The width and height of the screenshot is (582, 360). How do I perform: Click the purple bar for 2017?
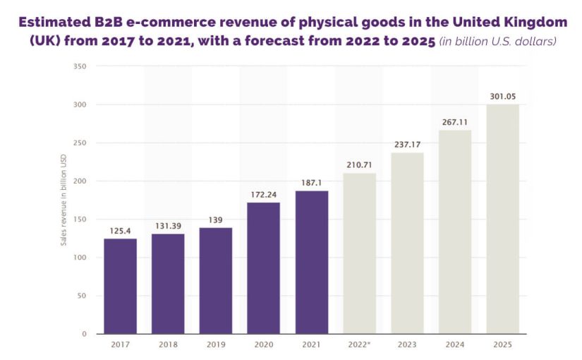coord(120,286)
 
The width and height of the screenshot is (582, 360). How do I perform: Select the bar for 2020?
coord(264,268)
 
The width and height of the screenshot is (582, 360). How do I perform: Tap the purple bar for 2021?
coord(312,263)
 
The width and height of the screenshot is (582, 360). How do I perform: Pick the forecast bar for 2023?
coord(407,244)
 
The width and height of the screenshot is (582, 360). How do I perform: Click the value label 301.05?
coord(503,97)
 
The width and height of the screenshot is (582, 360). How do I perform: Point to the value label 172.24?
coord(264,194)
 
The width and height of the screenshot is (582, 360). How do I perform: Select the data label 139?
coord(216,220)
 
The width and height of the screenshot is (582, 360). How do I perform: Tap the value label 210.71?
coord(360,165)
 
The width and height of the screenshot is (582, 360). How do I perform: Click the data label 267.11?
coord(455,122)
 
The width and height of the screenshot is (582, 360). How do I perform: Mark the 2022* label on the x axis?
coord(360,345)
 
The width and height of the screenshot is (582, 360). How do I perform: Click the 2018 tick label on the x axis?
coord(168,345)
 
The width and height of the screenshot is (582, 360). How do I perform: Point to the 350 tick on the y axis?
coord(80,66)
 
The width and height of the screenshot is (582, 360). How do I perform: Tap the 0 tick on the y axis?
coord(84,334)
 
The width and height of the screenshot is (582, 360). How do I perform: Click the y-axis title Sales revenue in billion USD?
coord(63,200)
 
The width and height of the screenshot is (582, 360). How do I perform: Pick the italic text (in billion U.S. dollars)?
coord(498,42)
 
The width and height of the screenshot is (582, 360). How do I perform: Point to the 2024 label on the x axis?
coord(455,345)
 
